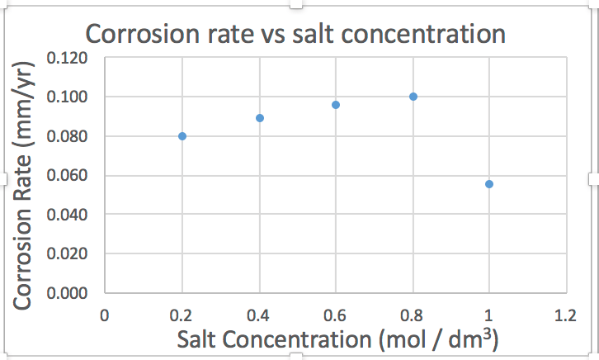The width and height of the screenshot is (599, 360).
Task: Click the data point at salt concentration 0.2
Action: pos(182,136)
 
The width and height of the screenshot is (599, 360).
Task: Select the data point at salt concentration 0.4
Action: pos(260,118)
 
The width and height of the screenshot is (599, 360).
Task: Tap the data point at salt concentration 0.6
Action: pos(336,105)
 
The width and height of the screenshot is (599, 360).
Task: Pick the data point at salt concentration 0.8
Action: pos(413,97)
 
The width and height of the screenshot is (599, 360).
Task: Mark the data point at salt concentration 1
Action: pos(489,184)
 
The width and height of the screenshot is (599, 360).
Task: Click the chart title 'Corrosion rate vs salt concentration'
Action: pos(295,35)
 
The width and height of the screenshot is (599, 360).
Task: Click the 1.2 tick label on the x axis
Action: pos(566,315)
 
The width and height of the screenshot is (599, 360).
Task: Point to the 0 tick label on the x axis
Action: pos(105,315)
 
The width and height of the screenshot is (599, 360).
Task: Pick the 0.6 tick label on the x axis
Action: pos(336,315)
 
